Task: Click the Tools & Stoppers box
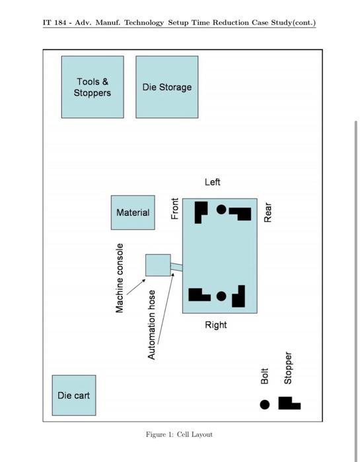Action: [92, 87]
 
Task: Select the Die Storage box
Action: [167, 87]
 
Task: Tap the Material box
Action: [133, 213]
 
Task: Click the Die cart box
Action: [74, 395]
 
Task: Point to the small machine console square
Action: [158, 265]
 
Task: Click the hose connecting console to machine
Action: [176, 267]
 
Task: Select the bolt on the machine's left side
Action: [221, 209]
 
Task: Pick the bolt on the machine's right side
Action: [221, 296]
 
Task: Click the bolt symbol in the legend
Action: [265, 405]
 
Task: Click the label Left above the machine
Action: [213, 181]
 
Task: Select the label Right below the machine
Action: [216, 325]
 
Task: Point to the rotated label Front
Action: [175, 209]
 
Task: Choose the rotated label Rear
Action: [268, 212]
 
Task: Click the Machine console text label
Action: [120, 278]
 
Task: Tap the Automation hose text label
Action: [151, 325]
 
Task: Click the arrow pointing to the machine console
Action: [136, 286]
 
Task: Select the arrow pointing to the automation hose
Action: [166, 308]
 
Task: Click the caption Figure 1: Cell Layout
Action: [179, 434]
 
